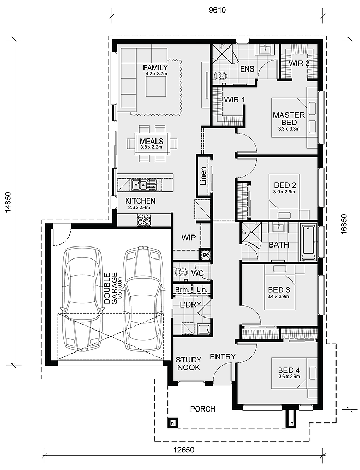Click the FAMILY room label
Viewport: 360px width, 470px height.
pyautogui.click(x=155, y=68)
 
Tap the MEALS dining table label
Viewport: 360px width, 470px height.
pyautogui.click(x=151, y=141)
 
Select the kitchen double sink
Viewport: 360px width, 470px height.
pyautogui.click(x=139, y=184)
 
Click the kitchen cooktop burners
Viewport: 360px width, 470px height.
pyautogui.click(x=143, y=220)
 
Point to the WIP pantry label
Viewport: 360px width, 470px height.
pyautogui.click(x=188, y=238)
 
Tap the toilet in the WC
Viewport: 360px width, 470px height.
pyautogui.click(x=180, y=272)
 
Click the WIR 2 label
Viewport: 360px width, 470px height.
pyautogui.click(x=299, y=63)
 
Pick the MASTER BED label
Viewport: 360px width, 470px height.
pyautogui.click(x=289, y=119)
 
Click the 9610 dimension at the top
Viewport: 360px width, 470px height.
pyautogui.click(x=218, y=10)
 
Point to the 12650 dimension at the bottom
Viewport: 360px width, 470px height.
pyautogui.click(x=184, y=450)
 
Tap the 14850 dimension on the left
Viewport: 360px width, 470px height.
pyautogui.click(x=8, y=202)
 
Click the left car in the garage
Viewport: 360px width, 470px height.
pyautogui.click(x=81, y=299)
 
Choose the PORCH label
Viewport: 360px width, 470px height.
pyautogui.click(x=203, y=409)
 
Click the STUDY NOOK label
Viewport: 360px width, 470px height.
pyautogui.click(x=188, y=363)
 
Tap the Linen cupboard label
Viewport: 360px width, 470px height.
pyautogui.click(x=203, y=176)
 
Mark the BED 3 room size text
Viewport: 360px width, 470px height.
pyautogui.click(x=278, y=297)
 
